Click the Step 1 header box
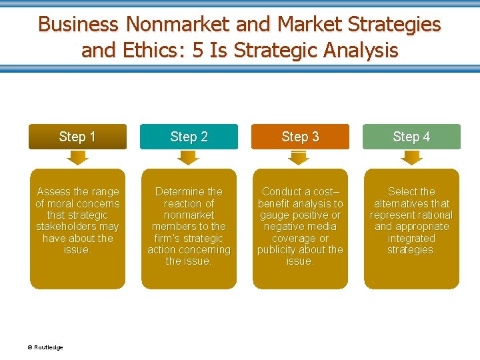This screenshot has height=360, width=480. (x=77, y=137)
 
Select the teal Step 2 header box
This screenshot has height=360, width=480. (x=189, y=137)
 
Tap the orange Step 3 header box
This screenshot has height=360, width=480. (x=300, y=137)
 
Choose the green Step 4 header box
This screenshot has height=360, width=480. (x=411, y=137)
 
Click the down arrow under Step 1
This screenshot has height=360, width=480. (x=77, y=158)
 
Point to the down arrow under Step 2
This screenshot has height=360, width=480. (x=189, y=158)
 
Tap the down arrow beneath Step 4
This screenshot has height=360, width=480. (x=411, y=158)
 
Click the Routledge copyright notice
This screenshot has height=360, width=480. (x=45, y=347)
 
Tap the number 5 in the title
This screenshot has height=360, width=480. (x=198, y=50)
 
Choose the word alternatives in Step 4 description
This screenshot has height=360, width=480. (x=411, y=203)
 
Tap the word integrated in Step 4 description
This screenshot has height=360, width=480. (x=411, y=238)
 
